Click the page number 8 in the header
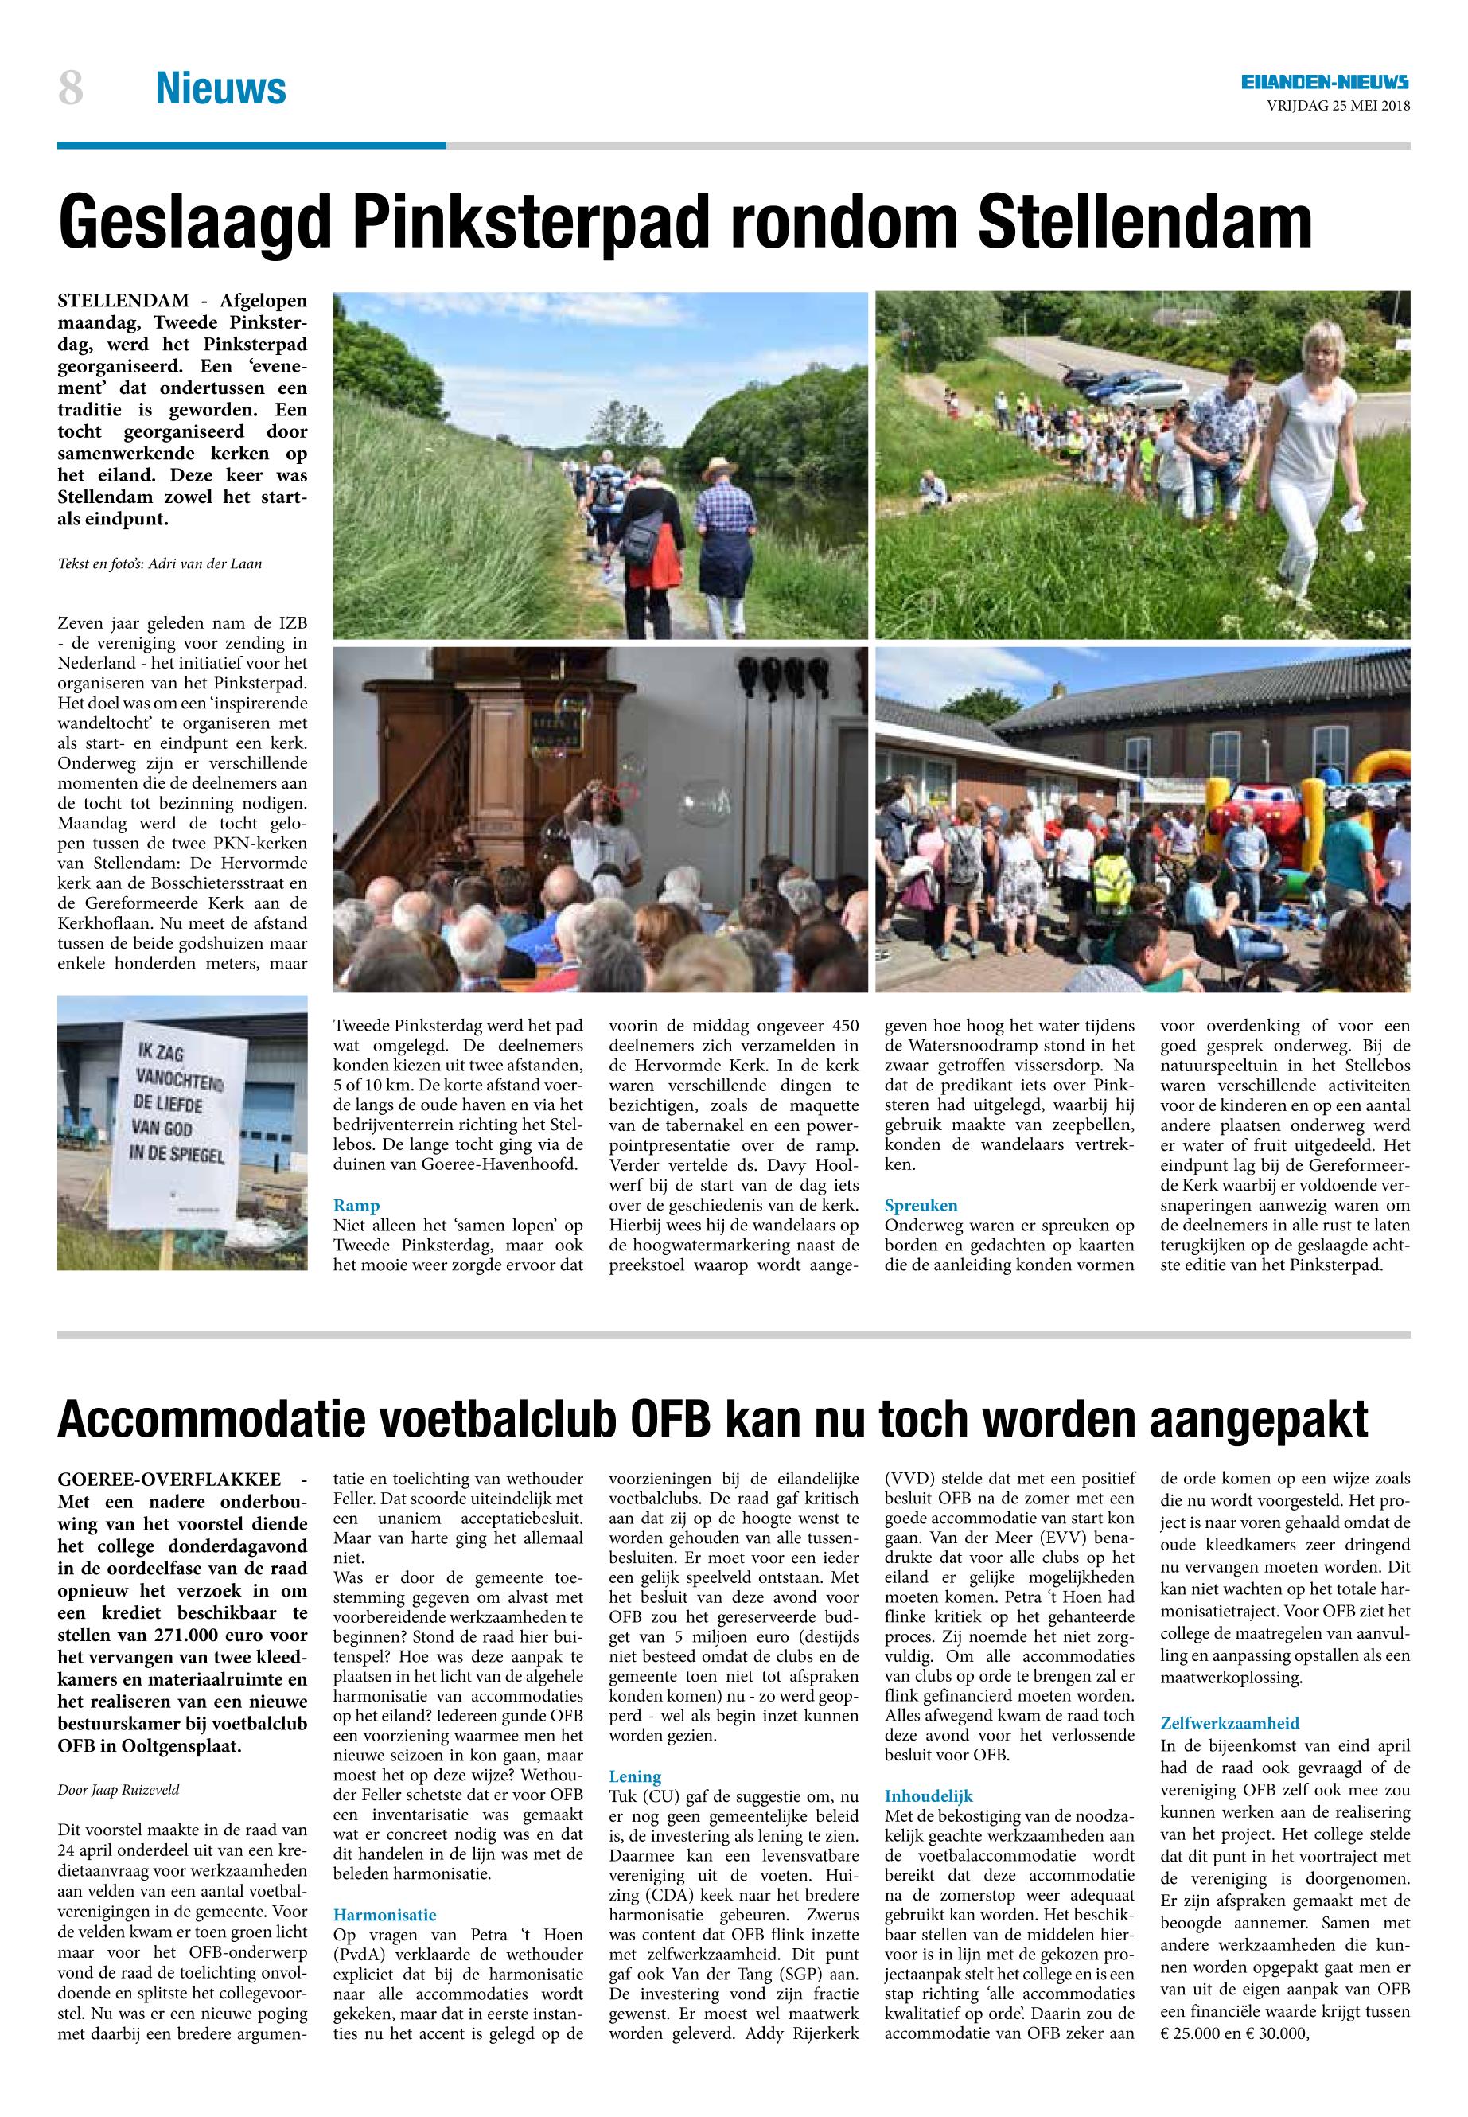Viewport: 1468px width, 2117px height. [71, 89]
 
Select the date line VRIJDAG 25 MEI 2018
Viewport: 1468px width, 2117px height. [1338, 106]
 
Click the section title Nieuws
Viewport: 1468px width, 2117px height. [220, 89]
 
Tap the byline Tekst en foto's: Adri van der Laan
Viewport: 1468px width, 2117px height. [159, 564]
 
